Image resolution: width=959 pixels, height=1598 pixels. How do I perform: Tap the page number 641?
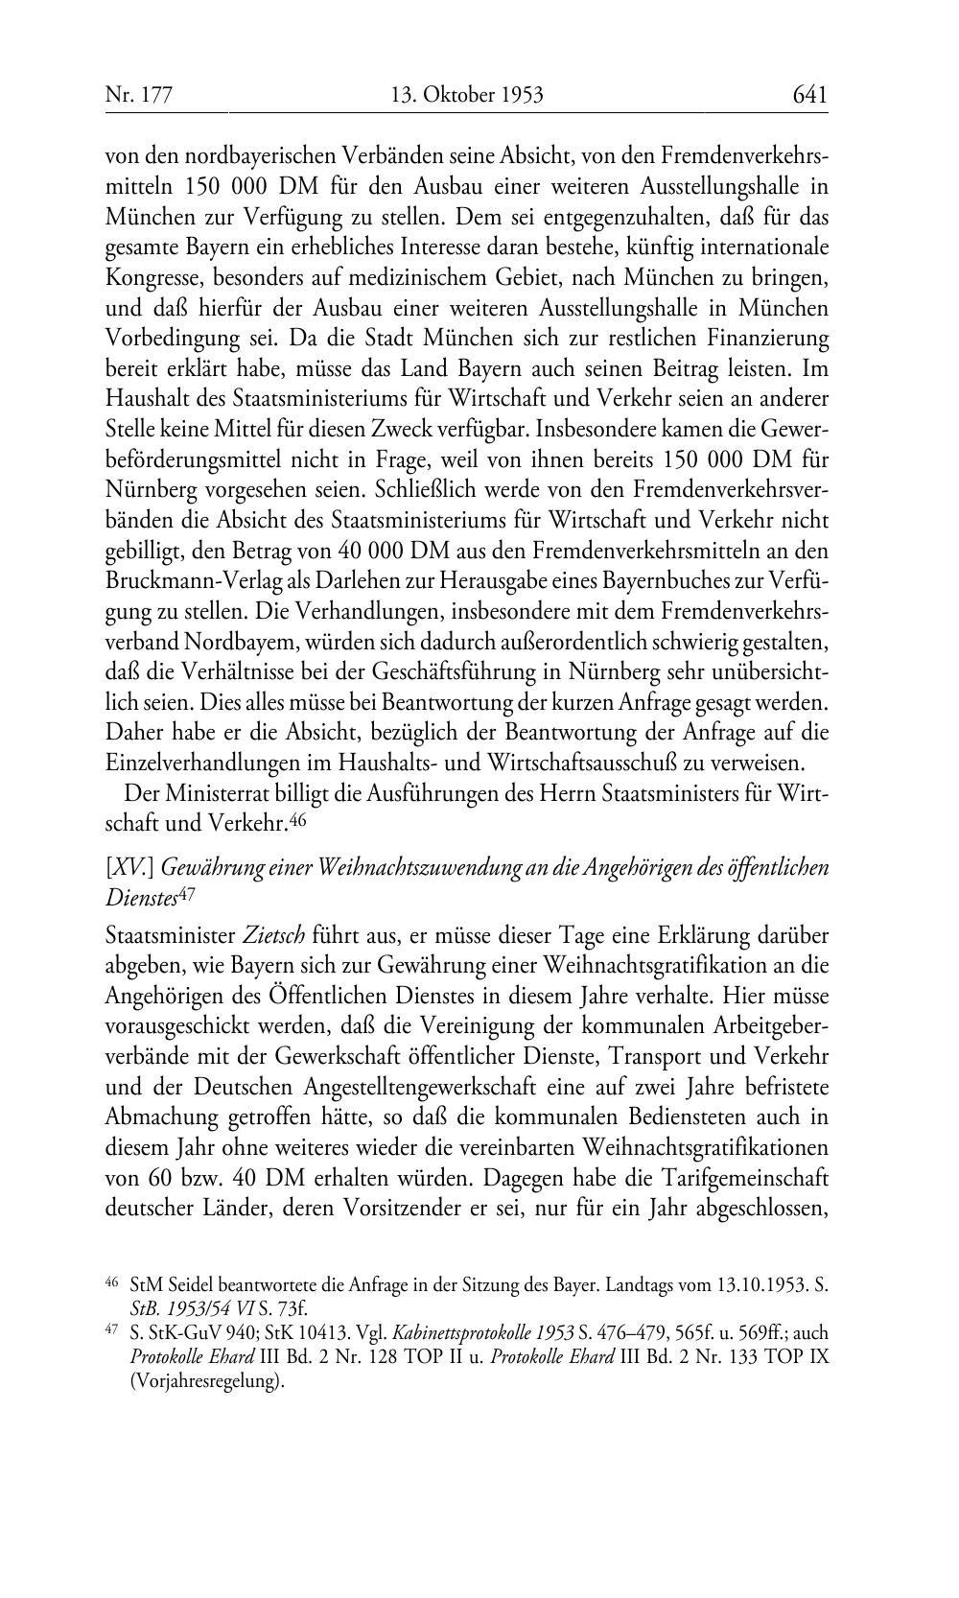[x=809, y=94]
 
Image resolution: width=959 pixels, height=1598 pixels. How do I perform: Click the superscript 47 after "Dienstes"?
[x=188, y=894]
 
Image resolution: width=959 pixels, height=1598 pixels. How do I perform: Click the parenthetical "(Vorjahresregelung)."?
[x=208, y=1382]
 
